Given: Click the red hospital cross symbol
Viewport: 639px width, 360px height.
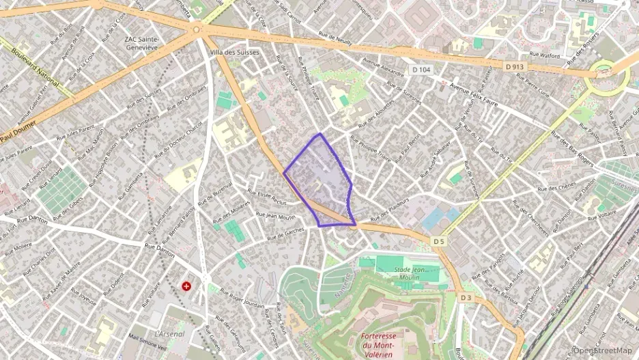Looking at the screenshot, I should pyautogui.click(x=186, y=285).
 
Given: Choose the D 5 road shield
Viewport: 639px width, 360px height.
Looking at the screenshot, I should pyautogui.click(x=438, y=241).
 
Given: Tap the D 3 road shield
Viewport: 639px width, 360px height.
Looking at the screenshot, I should pyautogui.click(x=466, y=298).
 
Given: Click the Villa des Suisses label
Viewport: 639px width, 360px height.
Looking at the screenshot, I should pyautogui.click(x=236, y=53).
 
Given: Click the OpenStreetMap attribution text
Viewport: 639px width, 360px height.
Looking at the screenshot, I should pyautogui.click(x=602, y=350).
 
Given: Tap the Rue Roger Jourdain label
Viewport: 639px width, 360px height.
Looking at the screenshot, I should pyautogui.click(x=236, y=294).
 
